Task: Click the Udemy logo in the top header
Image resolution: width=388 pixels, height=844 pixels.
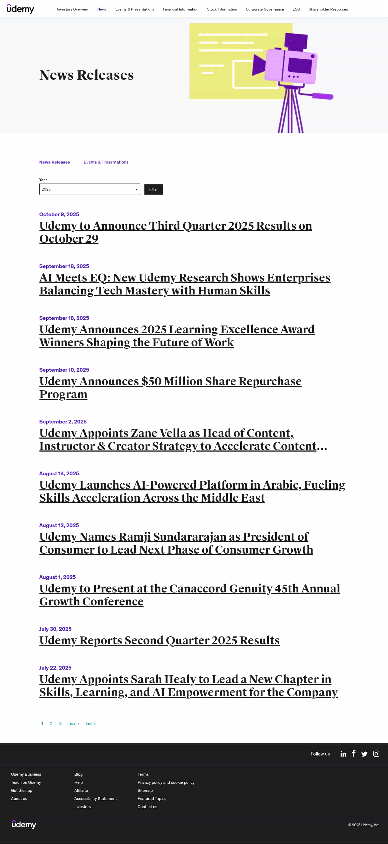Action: tap(20, 9)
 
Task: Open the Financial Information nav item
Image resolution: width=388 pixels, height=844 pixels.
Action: tap(181, 9)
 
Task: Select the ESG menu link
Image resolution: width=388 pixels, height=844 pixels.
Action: tap(296, 9)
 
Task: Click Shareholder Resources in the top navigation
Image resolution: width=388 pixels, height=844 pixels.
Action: tap(328, 9)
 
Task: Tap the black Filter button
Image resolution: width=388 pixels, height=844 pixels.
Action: tap(153, 189)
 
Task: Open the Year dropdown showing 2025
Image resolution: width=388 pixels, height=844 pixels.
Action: tap(90, 189)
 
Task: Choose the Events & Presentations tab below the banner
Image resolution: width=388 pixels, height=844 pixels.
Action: tap(106, 162)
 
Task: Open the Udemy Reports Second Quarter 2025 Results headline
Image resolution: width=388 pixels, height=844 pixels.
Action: tap(159, 640)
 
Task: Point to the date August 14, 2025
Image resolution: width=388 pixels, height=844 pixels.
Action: tap(59, 473)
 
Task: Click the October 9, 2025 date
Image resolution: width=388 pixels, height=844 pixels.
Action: tap(59, 214)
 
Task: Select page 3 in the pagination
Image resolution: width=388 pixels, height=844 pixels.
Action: tap(60, 723)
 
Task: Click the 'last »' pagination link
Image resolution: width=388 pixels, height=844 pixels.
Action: tap(91, 723)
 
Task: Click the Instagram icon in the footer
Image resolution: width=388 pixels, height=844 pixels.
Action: tap(376, 754)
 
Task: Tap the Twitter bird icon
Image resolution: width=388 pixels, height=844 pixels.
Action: tap(364, 754)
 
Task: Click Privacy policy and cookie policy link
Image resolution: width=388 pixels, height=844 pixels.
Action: tap(166, 782)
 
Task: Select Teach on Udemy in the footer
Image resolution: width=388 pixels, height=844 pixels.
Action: tap(26, 782)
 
